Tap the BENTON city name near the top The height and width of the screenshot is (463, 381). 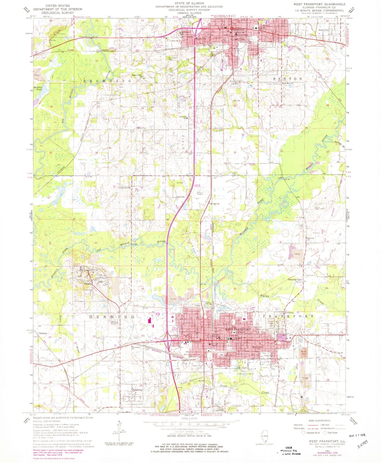click(239, 30)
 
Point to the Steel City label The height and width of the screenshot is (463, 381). click(324, 30)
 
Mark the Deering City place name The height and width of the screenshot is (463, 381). click(295, 279)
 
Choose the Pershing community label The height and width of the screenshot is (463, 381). click(137, 390)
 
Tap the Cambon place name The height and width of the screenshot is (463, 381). click(43, 333)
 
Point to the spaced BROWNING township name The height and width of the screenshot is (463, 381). click(107, 81)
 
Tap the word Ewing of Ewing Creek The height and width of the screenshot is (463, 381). click(264, 296)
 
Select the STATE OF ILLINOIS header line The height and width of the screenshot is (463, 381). click(189, 3)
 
